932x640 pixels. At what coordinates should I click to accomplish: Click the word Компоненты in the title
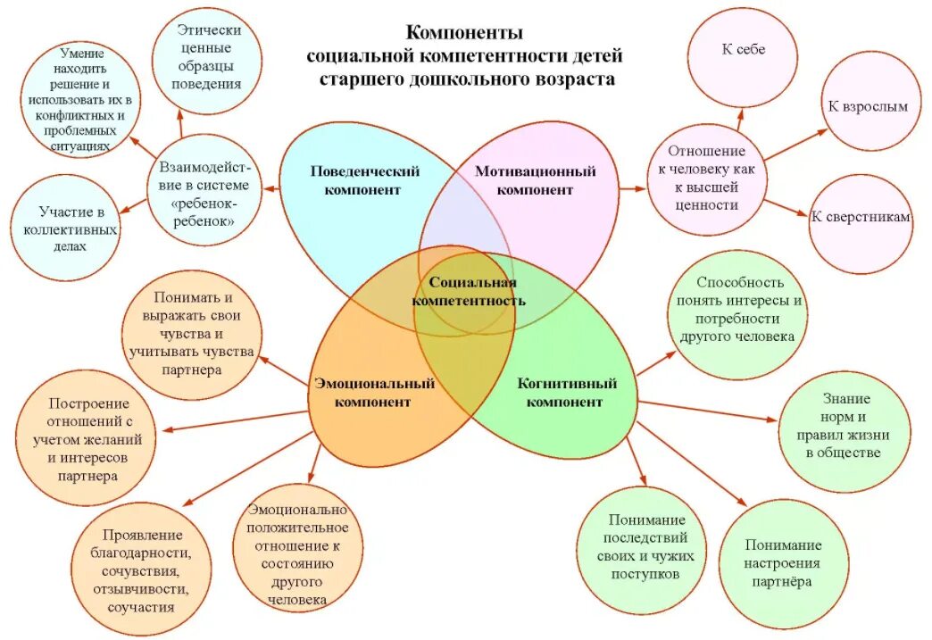click(x=464, y=33)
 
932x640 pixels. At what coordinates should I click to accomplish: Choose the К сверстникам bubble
click(x=861, y=217)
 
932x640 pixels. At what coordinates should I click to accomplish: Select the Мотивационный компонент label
click(x=535, y=179)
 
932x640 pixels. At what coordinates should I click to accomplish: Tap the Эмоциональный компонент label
click(x=374, y=393)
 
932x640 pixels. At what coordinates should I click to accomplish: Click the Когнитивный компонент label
click(x=567, y=393)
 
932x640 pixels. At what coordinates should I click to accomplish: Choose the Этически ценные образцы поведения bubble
click(x=209, y=57)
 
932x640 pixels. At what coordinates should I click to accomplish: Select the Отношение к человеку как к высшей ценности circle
click(x=706, y=179)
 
